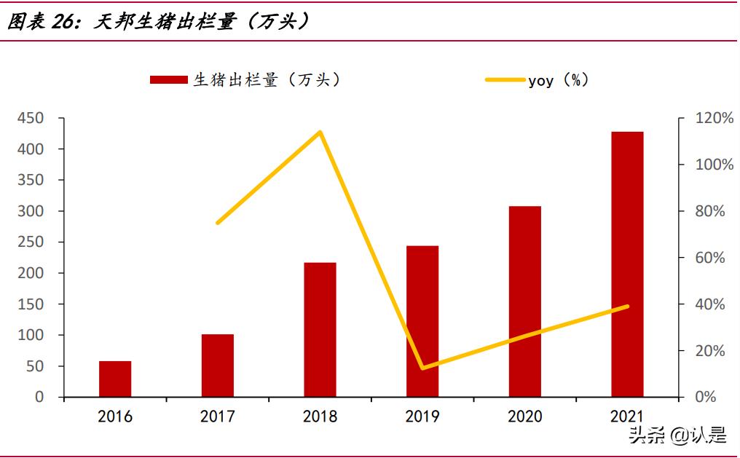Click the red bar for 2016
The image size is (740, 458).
pyautogui.click(x=115, y=379)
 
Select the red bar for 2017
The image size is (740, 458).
pyautogui.click(x=218, y=366)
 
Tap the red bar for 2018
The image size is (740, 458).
pyautogui.click(x=320, y=329)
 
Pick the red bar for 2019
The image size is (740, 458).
pyautogui.click(x=422, y=321)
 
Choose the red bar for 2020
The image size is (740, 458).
pyautogui.click(x=524, y=301)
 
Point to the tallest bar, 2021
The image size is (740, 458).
pyautogui.click(x=627, y=264)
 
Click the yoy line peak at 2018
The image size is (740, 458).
pyautogui.click(x=320, y=132)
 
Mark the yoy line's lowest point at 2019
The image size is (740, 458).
pyautogui.click(x=422, y=368)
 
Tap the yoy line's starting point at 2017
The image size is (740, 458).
pyautogui.click(x=218, y=223)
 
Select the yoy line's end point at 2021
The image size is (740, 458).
pyautogui.click(x=627, y=307)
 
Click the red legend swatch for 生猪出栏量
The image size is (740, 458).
pyautogui.click(x=169, y=80)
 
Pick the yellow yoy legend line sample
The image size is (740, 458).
pyautogui.click(x=505, y=80)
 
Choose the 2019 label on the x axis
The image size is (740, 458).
pyautogui.click(x=422, y=416)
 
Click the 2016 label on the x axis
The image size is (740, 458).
pyautogui.click(x=115, y=416)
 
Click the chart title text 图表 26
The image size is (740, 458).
pyautogui.click(x=42, y=23)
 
